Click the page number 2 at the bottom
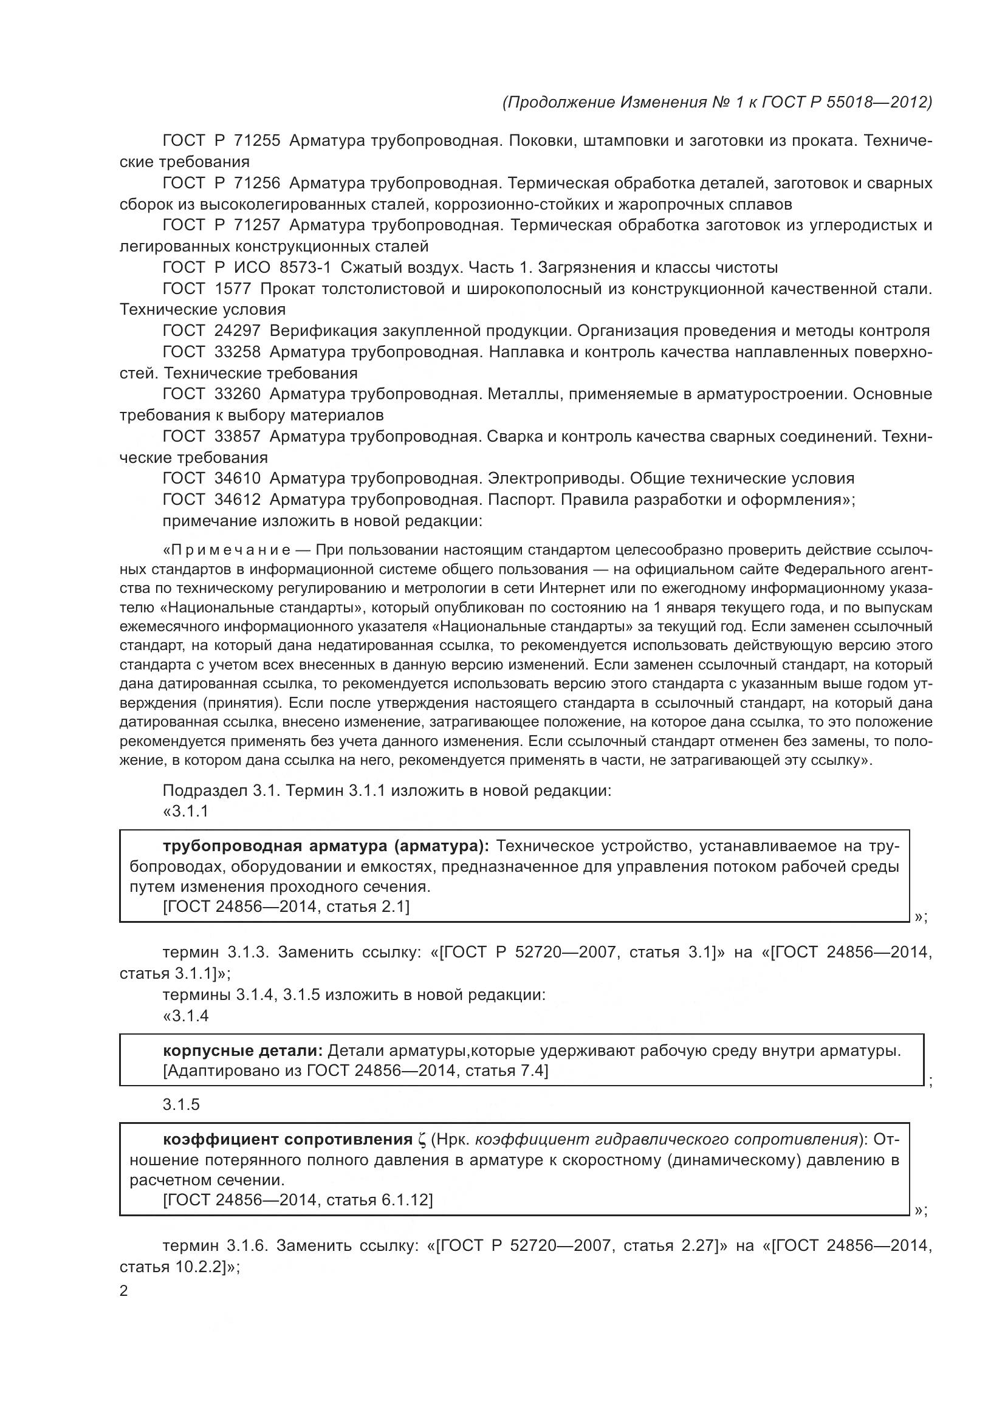pos(124,1290)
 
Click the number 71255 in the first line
pos(257,141)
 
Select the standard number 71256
pos(257,183)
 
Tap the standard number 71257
pos(257,225)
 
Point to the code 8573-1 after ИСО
pos(305,267)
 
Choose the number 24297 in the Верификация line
pos(237,330)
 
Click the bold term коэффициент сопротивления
pos(288,1139)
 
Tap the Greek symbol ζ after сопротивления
pos(423,1140)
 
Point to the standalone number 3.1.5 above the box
pos(181,1104)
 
